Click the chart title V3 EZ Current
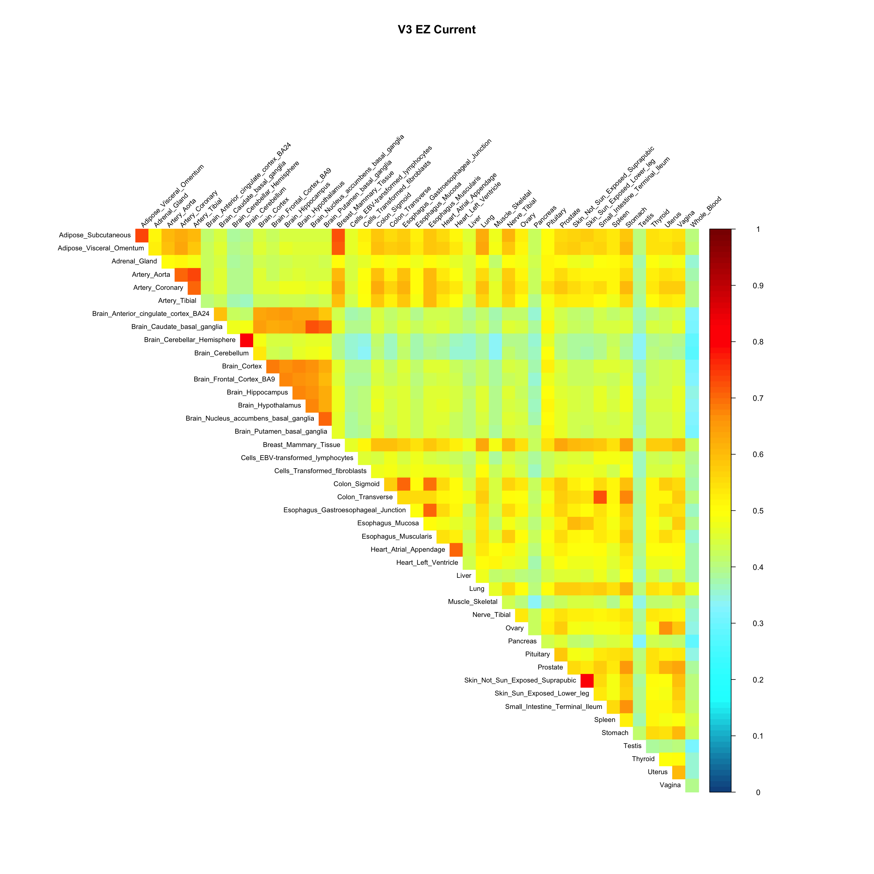pos(437,30)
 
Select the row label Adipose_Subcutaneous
pos(95,235)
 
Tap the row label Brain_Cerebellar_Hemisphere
pos(190,340)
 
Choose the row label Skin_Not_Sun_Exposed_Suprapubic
pos(520,680)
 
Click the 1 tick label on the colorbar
pos(758,229)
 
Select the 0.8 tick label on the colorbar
pos(758,342)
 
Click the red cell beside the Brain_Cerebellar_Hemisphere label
pos(246,340)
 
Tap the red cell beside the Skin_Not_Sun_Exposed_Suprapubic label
pos(587,680)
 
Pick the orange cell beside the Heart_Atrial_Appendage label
pos(456,550)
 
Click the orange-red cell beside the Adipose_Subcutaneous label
pos(142,235)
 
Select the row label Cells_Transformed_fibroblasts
pos(320,471)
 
